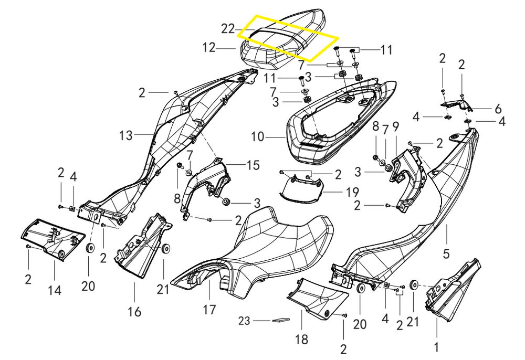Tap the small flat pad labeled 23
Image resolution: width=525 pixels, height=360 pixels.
tap(281, 320)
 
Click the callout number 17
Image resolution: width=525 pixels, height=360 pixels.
tap(209, 310)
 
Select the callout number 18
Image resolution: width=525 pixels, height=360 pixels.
tap(301, 340)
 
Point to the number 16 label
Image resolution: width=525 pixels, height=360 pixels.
tap(134, 312)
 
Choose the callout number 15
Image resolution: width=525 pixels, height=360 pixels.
tap(253, 165)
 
